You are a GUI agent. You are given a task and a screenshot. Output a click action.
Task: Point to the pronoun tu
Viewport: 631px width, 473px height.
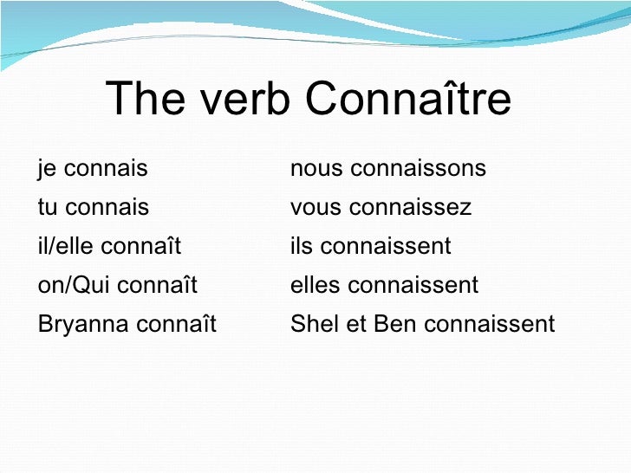[x=48, y=208]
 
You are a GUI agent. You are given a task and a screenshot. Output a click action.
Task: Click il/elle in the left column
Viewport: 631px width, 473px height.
[x=65, y=247]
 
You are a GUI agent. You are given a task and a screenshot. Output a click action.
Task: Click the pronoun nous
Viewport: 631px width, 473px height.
[x=316, y=168]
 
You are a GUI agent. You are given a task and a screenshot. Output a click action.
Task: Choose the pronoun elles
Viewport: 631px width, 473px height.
[x=314, y=286]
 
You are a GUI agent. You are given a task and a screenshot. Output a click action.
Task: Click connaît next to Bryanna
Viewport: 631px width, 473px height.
[x=184, y=325]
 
